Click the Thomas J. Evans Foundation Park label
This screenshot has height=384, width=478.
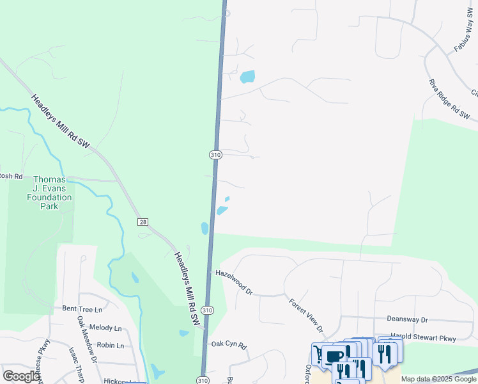tap(52, 193)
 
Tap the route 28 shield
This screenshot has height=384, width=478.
tap(143, 221)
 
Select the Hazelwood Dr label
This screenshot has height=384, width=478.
tap(235, 281)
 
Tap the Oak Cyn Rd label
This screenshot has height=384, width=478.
tap(229, 344)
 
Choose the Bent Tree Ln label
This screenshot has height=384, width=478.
tap(82, 308)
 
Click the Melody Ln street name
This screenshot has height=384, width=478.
tap(105, 328)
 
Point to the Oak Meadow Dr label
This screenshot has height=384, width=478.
tap(87, 339)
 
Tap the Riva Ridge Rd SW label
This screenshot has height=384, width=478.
tap(449, 100)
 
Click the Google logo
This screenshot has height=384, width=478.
tap(21, 376)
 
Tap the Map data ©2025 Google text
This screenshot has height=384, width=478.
tap(438, 379)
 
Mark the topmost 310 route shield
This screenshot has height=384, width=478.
tap(215, 155)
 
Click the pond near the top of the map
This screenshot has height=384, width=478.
tap(247, 77)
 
